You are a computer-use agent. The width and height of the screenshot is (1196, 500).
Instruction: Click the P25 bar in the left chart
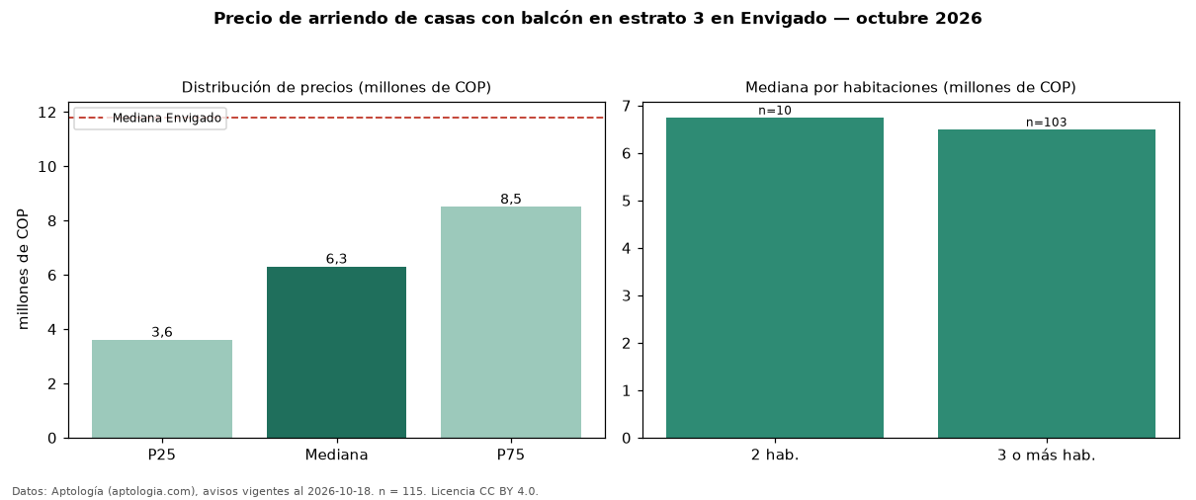[x=162, y=389]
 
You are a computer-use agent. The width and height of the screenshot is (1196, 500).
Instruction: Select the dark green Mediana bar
[x=336, y=352]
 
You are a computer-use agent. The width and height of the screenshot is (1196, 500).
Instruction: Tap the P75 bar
[x=511, y=322]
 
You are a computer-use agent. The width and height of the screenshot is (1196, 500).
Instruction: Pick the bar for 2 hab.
[x=775, y=278]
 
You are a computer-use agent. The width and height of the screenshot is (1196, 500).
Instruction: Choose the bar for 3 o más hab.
[x=1047, y=284]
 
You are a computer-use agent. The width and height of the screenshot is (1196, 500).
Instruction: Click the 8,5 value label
[x=511, y=199]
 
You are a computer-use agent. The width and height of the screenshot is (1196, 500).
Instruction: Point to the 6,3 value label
[x=336, y=259]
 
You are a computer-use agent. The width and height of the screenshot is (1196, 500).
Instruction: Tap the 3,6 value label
[x=162, y=332]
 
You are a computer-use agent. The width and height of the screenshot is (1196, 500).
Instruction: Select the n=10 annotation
[x=775, y=111]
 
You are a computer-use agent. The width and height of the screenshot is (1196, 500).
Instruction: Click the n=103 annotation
[x=1047, y=123]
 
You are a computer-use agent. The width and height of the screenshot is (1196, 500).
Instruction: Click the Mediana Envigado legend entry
[x=150, y=118]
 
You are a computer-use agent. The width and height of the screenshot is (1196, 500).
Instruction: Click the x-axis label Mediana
[x=336, y=455]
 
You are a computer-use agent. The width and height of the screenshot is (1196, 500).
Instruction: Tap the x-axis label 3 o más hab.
[x=1047, y=456]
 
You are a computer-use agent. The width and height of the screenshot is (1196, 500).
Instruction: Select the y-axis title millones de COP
[x=23, y=270]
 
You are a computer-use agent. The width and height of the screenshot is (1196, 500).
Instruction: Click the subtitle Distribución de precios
[x=268, y=87]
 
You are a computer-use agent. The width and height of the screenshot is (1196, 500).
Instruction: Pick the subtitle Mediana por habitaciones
[x=842, y=87]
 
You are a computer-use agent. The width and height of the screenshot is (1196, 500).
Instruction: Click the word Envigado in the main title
[x=783, y=19]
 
